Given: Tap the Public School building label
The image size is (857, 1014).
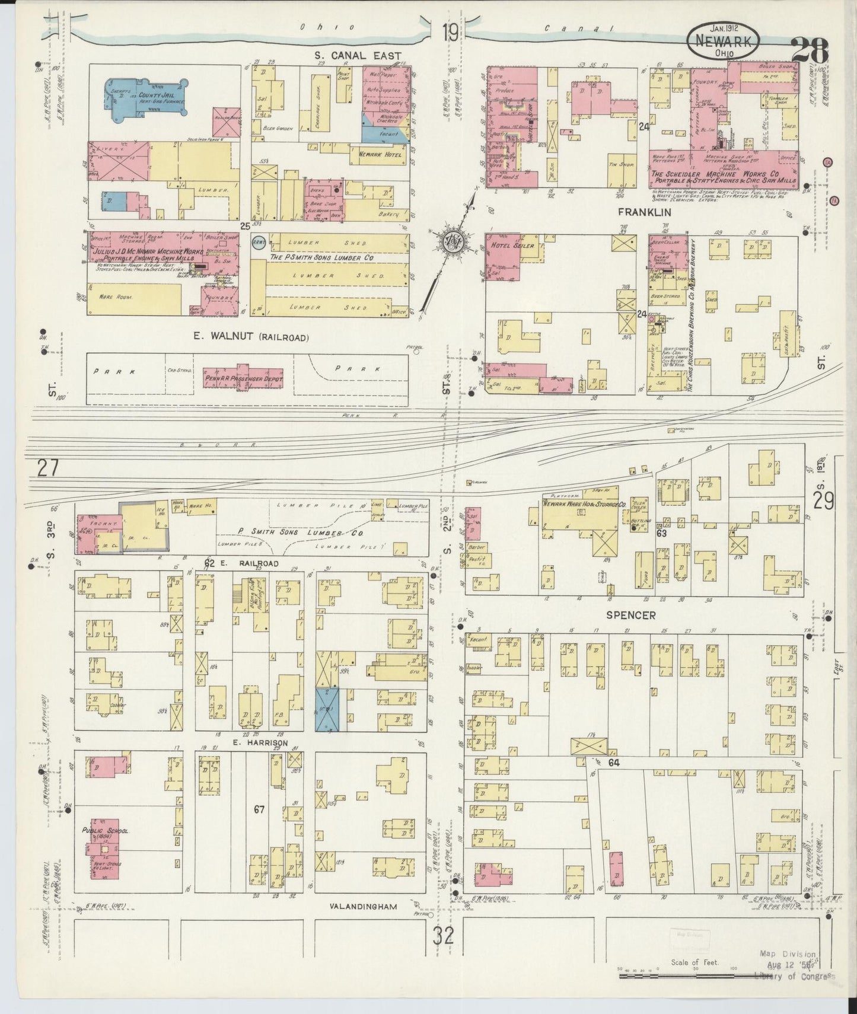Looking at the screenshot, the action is tap(106, 831).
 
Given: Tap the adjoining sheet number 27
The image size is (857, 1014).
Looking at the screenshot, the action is tap(47, 468).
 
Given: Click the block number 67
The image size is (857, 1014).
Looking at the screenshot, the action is tap(259, 808).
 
